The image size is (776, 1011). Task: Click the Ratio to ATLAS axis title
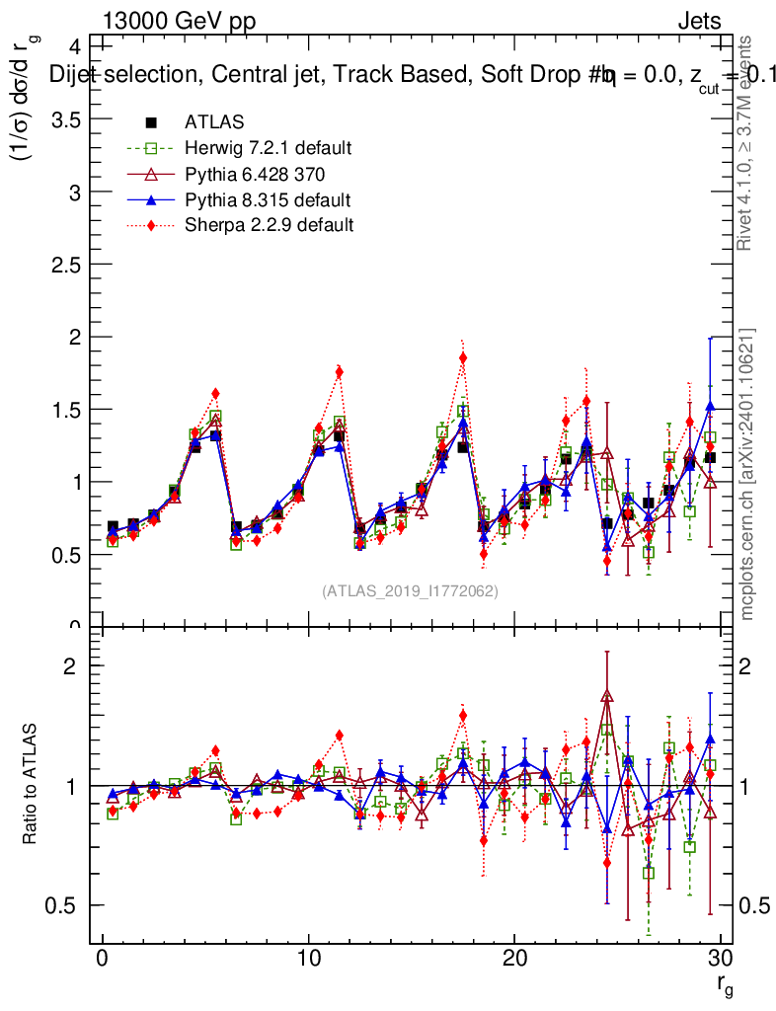tap(31, 785)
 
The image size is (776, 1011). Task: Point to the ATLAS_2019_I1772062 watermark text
tap(410, 590)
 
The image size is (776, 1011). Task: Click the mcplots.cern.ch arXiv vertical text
tap(747, 474)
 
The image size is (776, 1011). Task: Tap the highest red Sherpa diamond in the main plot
tap(463, 358)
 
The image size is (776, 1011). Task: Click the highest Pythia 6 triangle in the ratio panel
tap(607, 697)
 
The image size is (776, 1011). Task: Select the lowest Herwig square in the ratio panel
tap(649, 873)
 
